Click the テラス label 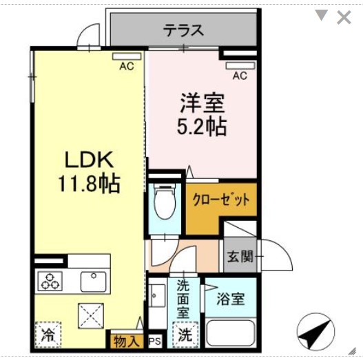pyautogui.click(x=184, y=30)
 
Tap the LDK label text pyautogui.click(x=89, y=160)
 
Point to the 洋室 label pyautogui.click(x=203, y=104)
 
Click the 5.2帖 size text pyautogui.click(x=203, y=127)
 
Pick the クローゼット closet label pyautogui.click(x=220, y=200)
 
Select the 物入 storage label pyautogui.click(x=127, y=339)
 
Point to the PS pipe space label pyautogui.click(x=154, y=340)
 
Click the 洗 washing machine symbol pyautogui.click(x=185, y=336)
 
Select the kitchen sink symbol pyautogui.click(x=93, y=280)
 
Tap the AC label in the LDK pyautogui.click(x=125, y=67)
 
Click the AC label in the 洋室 pyautogui.click(x=239, y=76)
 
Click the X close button pyautogui.click(x=343, y=17)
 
